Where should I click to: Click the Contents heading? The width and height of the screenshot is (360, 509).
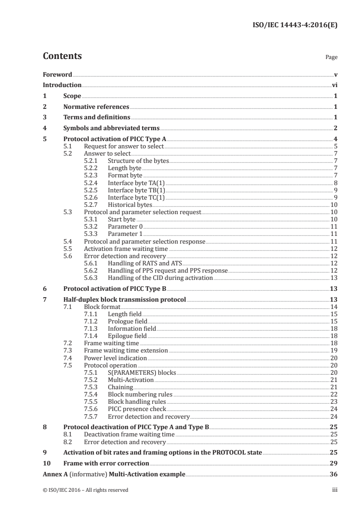62,56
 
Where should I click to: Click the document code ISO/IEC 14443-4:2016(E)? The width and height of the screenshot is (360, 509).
295,25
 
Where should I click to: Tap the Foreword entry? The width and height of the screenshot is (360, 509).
57,74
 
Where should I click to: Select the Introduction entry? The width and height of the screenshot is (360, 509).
62,85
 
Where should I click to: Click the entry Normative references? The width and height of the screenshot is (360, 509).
96,107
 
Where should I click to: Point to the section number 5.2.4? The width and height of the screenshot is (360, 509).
92,183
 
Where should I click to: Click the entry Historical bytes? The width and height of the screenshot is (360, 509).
130,205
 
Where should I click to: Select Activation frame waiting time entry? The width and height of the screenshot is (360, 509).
126,249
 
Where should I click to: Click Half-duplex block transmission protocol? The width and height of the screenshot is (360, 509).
124,300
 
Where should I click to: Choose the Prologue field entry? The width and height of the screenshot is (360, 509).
127,321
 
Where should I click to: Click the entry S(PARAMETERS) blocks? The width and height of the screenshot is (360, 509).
142,372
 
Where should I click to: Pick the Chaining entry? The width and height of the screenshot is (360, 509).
120,387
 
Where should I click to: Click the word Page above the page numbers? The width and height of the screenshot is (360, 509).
331,58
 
